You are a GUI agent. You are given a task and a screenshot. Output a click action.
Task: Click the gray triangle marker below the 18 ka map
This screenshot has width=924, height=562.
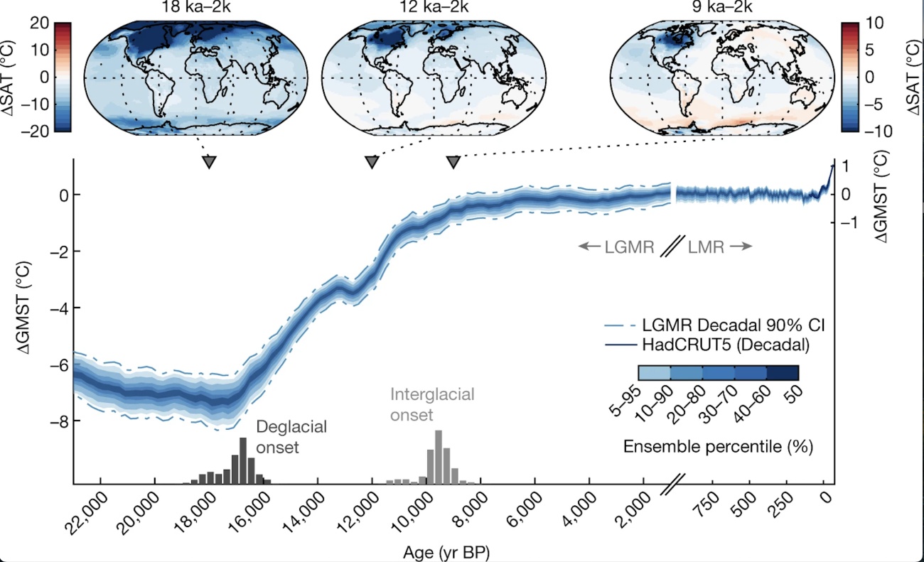208,162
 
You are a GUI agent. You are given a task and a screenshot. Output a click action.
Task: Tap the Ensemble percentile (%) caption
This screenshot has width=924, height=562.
718,447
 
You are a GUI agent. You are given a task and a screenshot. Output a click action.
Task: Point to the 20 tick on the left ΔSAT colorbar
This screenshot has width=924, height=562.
38,23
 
